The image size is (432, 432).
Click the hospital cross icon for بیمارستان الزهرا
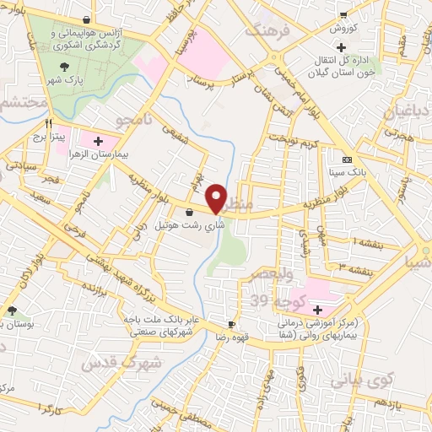click(98, 141)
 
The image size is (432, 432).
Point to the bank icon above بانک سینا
click(347, 159)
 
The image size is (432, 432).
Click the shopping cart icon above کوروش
click(343, 14)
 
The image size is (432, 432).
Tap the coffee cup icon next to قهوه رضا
click(231, 323)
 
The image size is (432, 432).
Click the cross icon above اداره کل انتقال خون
click(342, 48)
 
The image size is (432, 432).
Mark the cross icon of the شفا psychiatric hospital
click(317, 310)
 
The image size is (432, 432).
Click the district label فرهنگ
click(266, 31)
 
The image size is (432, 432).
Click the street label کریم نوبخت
click(296, 138)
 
